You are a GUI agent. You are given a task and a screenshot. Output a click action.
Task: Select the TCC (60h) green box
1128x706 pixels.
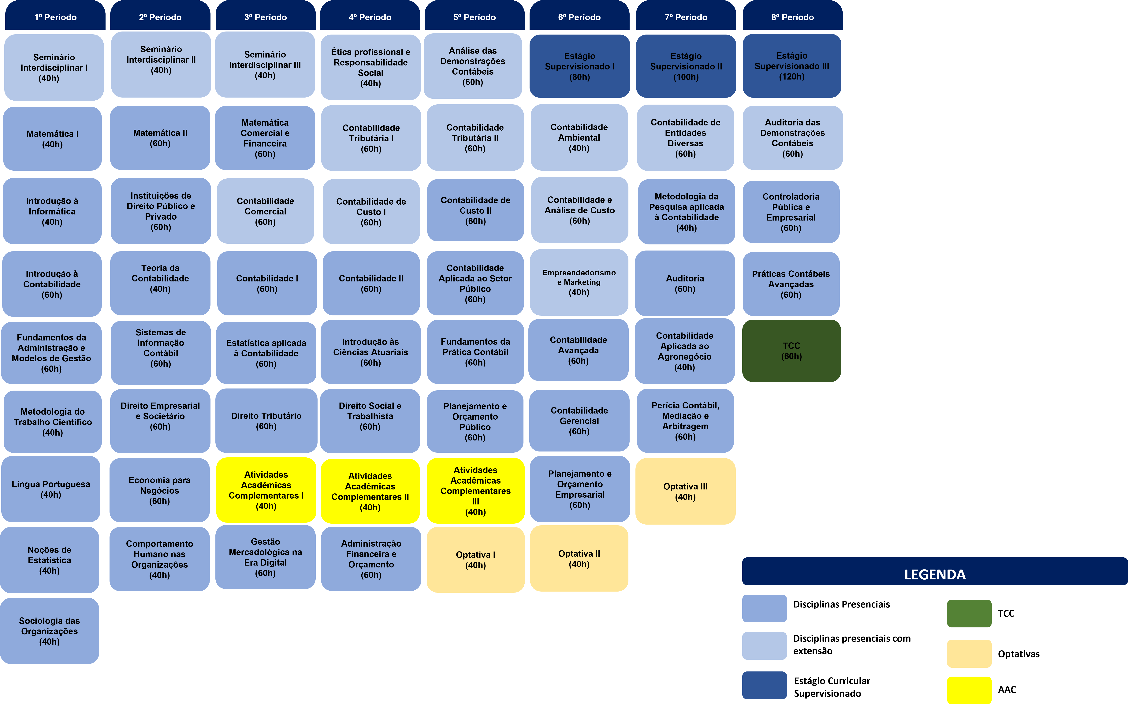point(791,351)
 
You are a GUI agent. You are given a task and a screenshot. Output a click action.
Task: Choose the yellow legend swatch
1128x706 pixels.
point(969,690)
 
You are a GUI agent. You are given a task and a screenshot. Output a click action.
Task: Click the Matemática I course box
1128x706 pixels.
point(52,139)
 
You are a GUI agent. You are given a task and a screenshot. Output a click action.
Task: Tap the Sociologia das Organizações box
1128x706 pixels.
point(50,631)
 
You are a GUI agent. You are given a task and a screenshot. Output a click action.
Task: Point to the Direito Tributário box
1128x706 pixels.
point(266,421)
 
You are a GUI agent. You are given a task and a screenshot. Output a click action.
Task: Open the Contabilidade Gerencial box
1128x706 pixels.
point(579,421)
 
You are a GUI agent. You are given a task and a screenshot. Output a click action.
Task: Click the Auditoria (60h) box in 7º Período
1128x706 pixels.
point(685,283)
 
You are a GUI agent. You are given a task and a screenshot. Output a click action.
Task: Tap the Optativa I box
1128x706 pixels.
point(475,559)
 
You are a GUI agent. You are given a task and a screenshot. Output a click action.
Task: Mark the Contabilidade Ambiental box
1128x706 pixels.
point(579,137)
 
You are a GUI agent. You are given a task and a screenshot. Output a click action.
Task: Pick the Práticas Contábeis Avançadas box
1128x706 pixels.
point(791,284)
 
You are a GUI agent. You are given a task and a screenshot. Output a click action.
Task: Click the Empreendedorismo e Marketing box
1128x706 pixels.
point(579,282)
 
